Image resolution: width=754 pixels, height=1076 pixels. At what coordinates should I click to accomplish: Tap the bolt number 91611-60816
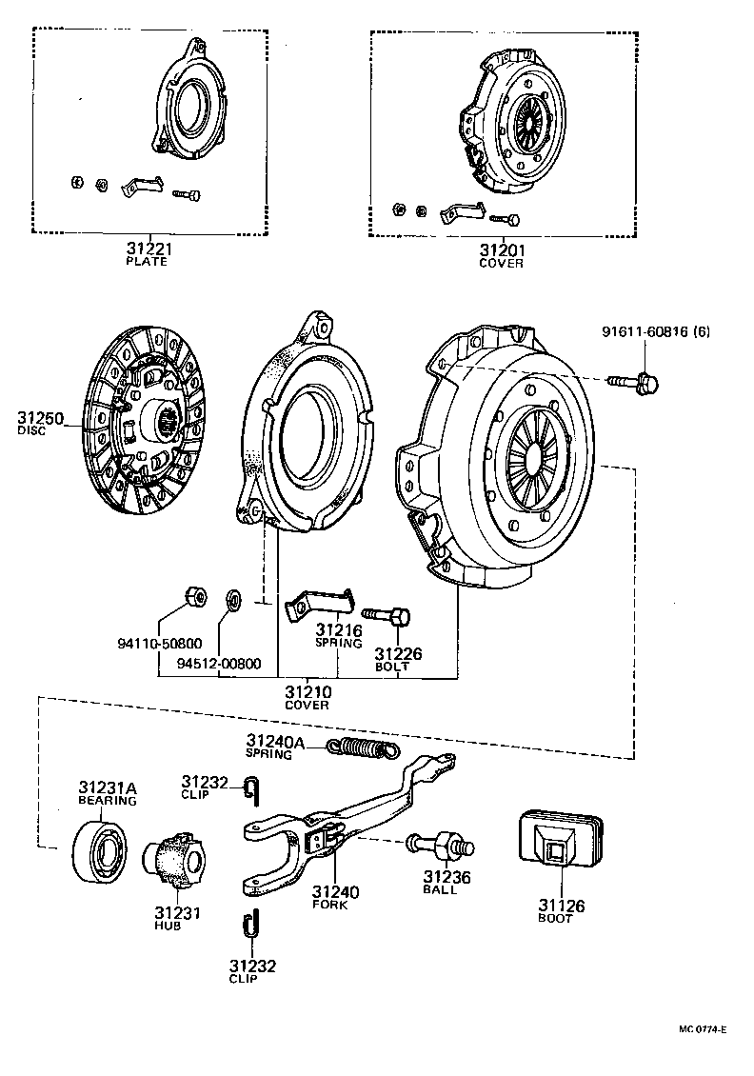point(655,331)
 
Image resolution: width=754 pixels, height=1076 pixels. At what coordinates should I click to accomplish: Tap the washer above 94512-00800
point(231,599)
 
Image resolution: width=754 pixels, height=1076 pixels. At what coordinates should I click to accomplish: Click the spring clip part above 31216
point(319,607)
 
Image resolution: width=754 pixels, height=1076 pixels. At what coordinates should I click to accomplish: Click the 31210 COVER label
point(307,695)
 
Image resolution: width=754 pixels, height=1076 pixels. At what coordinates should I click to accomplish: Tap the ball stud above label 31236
point(437,845)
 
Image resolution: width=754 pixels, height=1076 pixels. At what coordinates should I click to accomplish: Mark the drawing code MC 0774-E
point(703,1029)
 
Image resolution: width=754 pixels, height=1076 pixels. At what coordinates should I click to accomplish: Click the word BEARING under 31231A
point(107,801)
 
